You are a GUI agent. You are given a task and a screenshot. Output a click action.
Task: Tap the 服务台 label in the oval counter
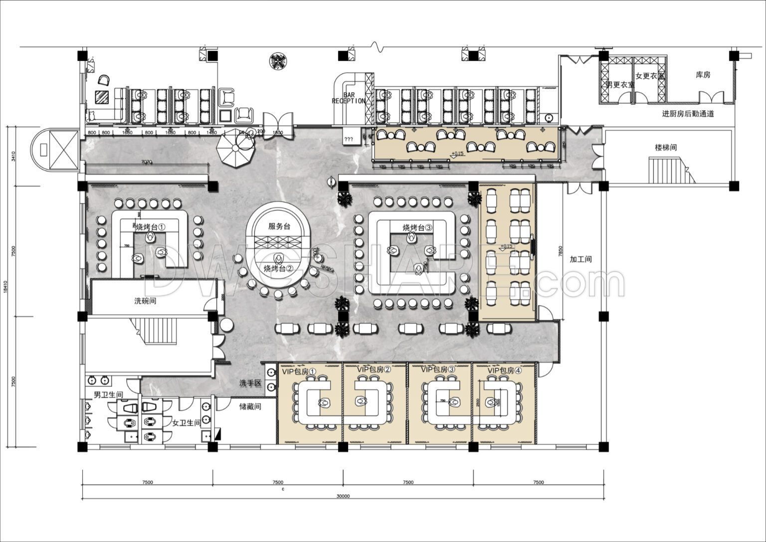(x=279, y=226)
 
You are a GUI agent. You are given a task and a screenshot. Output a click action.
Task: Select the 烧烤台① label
(x=150, y=227)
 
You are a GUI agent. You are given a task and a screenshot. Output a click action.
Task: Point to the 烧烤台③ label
(x=418, y=227)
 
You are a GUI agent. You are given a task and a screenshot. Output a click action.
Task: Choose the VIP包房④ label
(x=504, y=371)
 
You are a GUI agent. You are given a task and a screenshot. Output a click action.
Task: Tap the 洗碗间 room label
(x=145, y=301)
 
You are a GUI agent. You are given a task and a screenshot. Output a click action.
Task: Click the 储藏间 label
(x=250, y=406)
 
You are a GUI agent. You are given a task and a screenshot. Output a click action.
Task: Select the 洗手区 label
(x=250, y=383)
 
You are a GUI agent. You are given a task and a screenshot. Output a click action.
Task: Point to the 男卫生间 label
(x=109, y=394)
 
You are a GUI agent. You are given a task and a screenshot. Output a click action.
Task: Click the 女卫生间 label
(x=186, y=423)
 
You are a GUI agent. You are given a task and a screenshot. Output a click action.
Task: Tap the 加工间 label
(x=580, y=259)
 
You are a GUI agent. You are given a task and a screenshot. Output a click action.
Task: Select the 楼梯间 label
(x=666, y=148)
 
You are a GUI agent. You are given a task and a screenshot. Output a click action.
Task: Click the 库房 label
(x=703, y=75)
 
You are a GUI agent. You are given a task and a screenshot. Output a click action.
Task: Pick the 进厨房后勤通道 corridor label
(x=688, y=114)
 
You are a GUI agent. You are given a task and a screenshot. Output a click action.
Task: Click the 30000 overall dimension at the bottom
(x=343, y=496)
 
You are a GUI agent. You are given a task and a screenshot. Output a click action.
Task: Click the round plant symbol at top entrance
(x=278, y=61)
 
